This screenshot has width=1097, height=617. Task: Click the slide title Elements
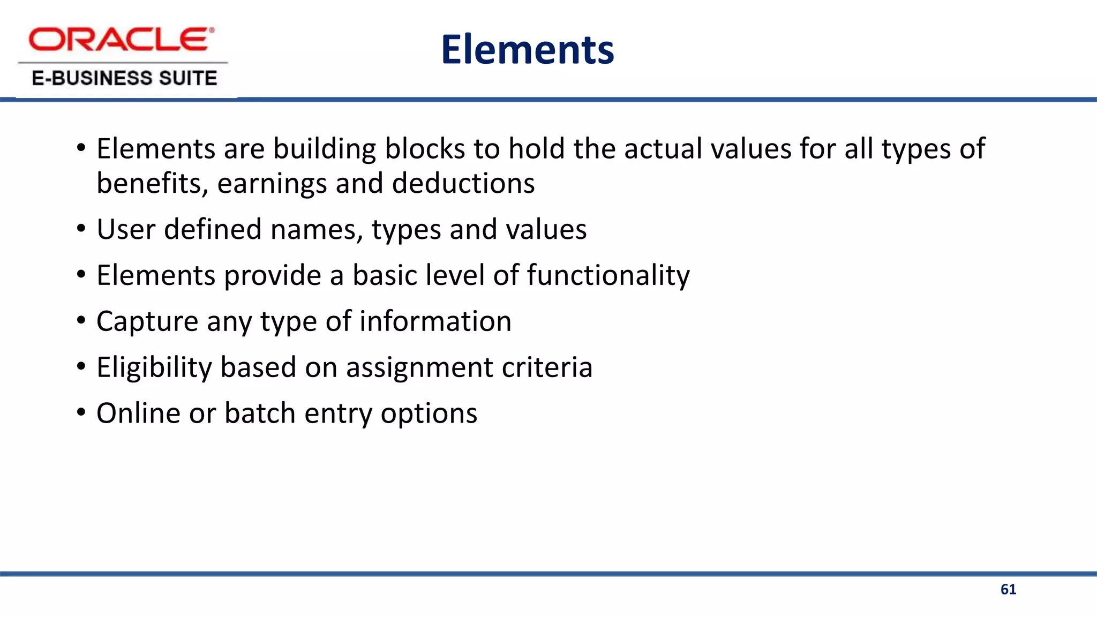(x=528, y=50)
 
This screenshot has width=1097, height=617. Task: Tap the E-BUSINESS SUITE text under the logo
(x=124, y=78)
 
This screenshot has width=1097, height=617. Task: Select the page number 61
(x=1008, y=590)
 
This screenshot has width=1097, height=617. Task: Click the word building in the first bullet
(x=325, y=149)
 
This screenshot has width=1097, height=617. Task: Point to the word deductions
(x=463, y=184)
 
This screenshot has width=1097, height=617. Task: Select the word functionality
(x=608, y=276)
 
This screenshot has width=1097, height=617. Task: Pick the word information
(x=435, y=321)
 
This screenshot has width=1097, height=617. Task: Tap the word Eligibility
(x=154, y=368)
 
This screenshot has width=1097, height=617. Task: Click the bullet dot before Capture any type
(x=81, y=321)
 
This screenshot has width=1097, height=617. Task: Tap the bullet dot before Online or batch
(x=81, y=413)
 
